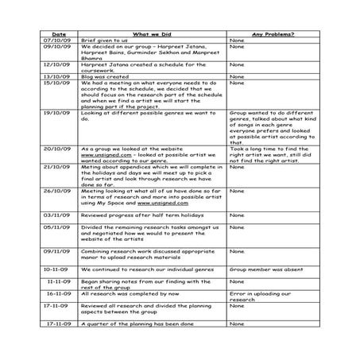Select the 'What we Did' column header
[x=148, y=34]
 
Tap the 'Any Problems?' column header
[x=272, y=34]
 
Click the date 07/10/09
[x=59, y=41]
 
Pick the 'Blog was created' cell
[x=108, y=77]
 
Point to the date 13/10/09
[x=59, y=77]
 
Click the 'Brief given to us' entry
[x=108, y=41]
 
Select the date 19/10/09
[x=59, y=114]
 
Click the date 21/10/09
[x=59, y=167]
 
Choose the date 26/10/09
[x=59, y=192]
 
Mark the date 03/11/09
[x=59, y=215]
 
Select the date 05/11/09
[x=59, y=227]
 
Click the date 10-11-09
[x=59, y=269]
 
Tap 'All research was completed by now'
[x=132, y=294]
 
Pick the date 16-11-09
[x=59, y=294]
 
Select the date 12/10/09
[x=59, y=65]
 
